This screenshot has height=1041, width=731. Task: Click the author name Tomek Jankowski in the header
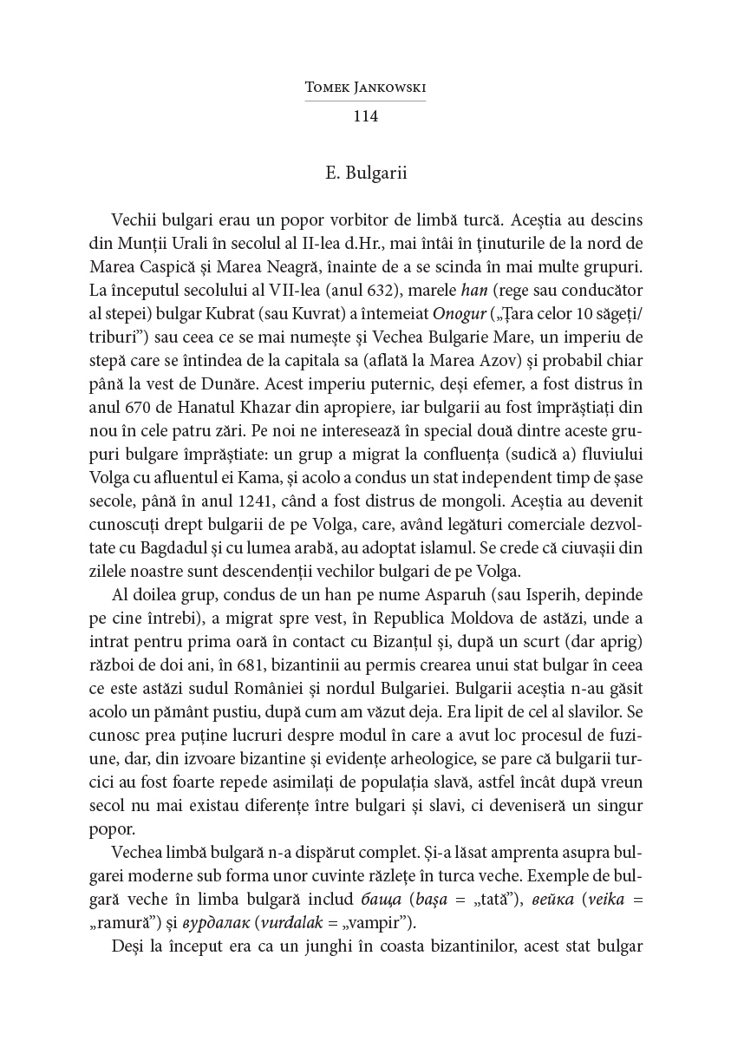coord(365,88)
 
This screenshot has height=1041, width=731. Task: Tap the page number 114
coord(365,115)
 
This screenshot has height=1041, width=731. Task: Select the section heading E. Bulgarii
coord(365,173)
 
